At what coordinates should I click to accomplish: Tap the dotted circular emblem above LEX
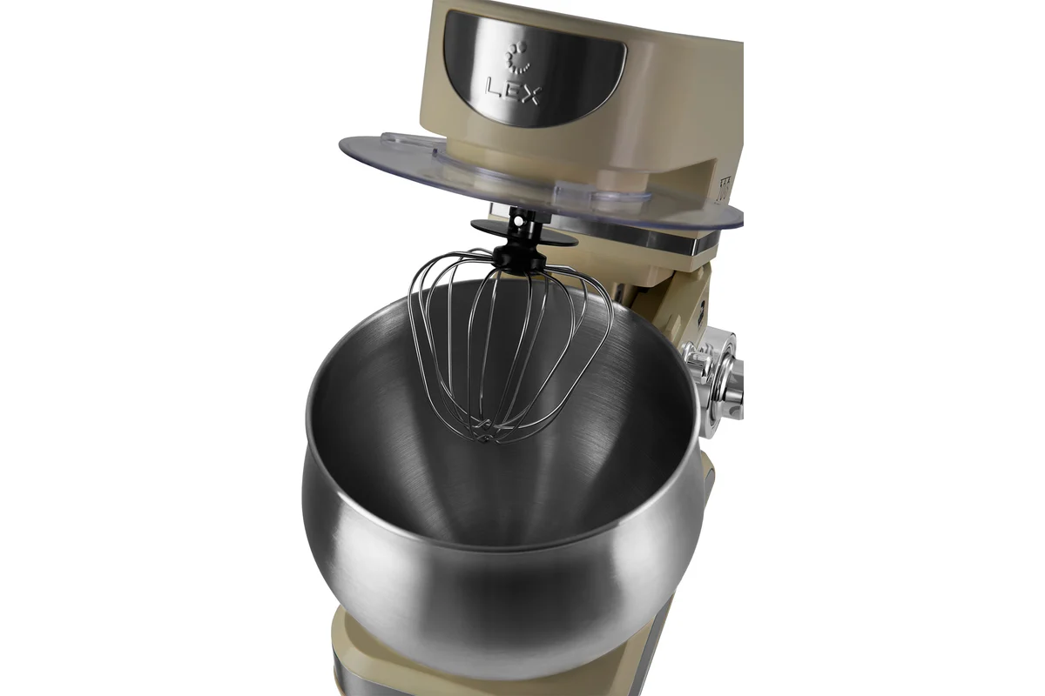pos(516,57)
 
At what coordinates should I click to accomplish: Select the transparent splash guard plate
pos(541,182)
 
